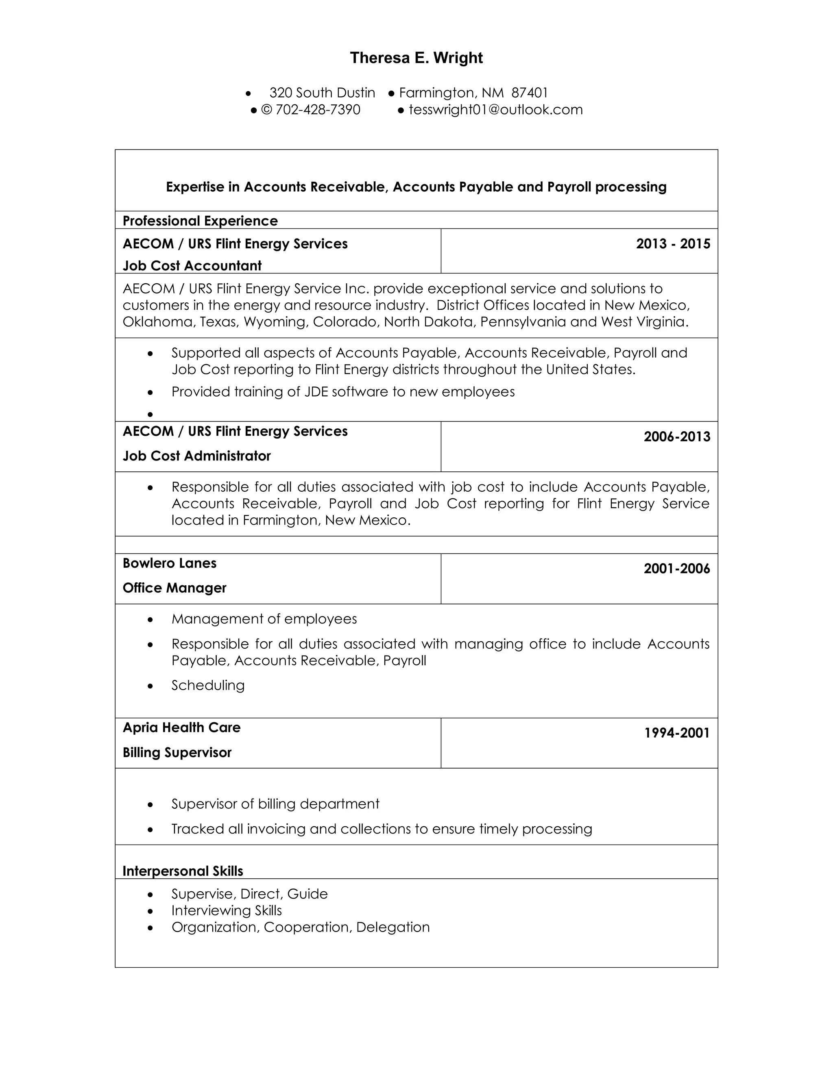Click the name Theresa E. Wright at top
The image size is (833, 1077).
(x=416, y=58)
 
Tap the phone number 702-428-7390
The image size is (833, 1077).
(x=317, y=109)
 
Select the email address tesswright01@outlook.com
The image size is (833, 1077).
(x=495, y=109)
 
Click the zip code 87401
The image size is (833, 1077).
(x=530, y=93)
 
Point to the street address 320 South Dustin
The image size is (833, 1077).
(x=322, y=93)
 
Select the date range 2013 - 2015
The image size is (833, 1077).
(x=673, y=243)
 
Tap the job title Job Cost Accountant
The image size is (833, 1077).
(x=192, y=265)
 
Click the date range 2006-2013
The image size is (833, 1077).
(x=676, y=436)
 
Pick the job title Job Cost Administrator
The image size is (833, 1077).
(x=196, y=456)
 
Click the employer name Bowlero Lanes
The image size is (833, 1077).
(x=169, y=563)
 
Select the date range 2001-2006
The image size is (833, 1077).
(x=676, y=569)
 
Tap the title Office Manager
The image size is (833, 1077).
(x=174, y=588)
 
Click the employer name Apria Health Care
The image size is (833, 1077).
(x=181, y=727)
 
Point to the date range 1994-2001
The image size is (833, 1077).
(x=676, y=733)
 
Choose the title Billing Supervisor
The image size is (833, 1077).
(x=177, y=753)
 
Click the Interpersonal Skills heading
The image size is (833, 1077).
(x=183, y=871)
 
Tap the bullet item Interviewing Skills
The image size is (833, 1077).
(x=227, y=910)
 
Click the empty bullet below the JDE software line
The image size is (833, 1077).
(x=150, y=415)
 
